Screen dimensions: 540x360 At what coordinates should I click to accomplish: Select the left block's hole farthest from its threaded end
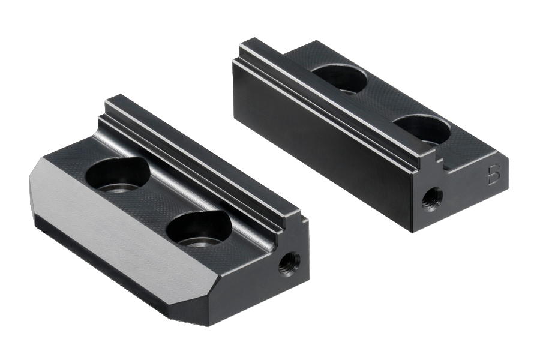pos(118,174)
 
